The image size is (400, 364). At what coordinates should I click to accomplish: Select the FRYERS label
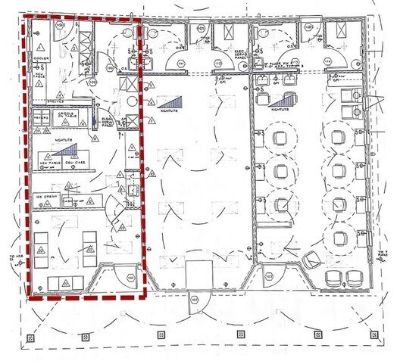coord(41,118)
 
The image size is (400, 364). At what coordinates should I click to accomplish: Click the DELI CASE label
coord(73,163)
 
